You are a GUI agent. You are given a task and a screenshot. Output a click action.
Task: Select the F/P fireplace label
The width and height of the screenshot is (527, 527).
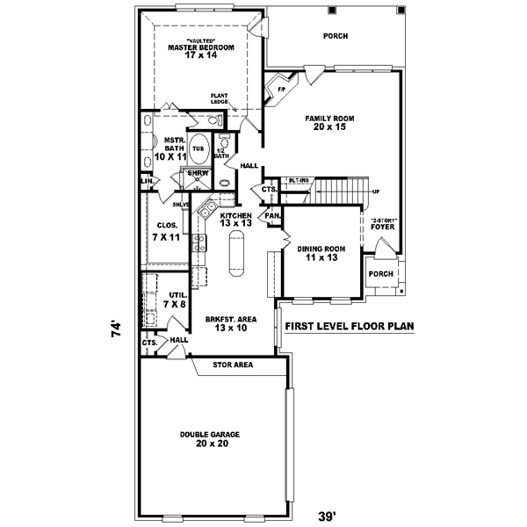pos(282,90)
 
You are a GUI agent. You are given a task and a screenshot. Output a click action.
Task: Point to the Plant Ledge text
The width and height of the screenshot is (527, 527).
pos(219,99)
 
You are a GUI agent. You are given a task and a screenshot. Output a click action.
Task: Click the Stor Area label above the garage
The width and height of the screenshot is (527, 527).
pos(233,364)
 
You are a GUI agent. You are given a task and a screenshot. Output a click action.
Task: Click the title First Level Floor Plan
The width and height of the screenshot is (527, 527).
pos(349,327)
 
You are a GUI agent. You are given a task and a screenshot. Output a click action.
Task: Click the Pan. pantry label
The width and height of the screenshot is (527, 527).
pos(272,215)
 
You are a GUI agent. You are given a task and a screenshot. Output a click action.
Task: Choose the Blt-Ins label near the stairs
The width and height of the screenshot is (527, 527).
pos(300,181)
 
